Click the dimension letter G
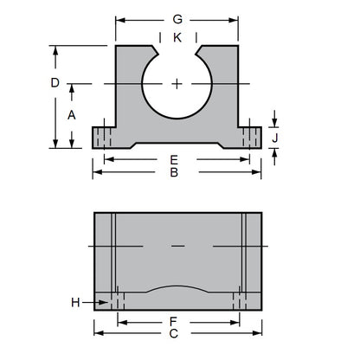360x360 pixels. pos(177,18)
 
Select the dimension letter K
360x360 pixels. pos(177,38)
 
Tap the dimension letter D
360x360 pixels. pos(55,83)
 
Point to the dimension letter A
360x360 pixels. pos(72,114)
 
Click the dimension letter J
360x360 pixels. pos(275,137)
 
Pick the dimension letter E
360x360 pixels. pos(174,159)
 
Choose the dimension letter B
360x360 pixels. pos(174,173)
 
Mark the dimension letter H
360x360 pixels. pos(76,301)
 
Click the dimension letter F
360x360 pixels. pos(177,320)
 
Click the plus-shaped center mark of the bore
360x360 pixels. pos(177,84)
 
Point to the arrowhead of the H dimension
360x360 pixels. pos(106,301)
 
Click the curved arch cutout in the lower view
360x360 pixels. pos(177,289)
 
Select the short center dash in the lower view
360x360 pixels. pos(177,247)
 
